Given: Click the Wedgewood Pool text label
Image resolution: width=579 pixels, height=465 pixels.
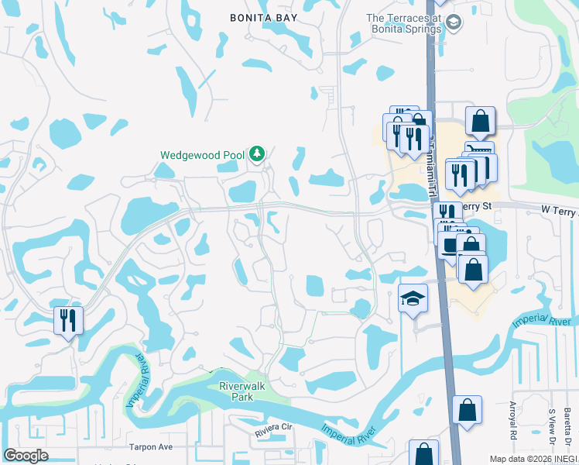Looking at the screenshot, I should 202,155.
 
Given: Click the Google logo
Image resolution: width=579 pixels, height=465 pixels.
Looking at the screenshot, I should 26,456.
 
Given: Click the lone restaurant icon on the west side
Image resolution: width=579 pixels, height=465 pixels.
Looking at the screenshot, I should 67,319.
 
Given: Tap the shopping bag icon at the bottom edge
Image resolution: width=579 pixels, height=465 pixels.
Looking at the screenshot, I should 423,453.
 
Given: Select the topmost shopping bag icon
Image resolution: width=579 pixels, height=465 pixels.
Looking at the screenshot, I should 480,122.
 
